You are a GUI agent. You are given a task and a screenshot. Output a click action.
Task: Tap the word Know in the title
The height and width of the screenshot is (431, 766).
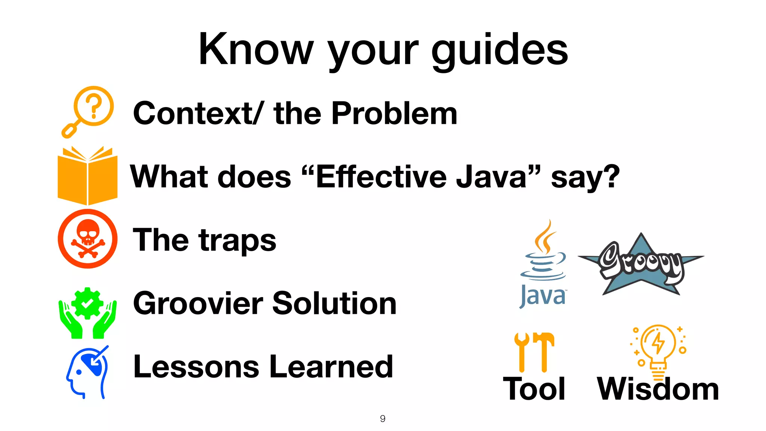click(x=256, y=49)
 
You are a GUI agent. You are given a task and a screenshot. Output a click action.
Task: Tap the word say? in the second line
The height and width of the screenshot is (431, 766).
click(x=585, y=177)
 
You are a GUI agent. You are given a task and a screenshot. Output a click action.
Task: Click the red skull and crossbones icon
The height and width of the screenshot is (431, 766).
click(x=88, y=239)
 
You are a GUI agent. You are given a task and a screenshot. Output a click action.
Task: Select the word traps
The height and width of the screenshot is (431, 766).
click(x=238, y=241)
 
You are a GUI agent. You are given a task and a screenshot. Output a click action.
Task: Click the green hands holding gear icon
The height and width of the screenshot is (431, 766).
click(x=88, y=313)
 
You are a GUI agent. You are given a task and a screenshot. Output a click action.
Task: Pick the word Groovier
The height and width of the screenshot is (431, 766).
click(x=198, y=303)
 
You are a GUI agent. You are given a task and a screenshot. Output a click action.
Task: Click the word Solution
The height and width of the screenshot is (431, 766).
click(x=334, y=303)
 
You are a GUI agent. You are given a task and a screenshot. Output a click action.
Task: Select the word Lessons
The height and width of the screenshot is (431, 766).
click(x=196, y=367)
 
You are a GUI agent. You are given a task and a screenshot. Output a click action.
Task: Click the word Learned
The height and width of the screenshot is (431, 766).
click(x=331, y=367)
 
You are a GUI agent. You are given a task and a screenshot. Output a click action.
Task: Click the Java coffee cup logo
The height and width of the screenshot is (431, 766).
click(x=543, y=264)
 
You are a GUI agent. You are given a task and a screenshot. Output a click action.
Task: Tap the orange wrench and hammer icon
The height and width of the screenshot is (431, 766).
click(x=534, y=352)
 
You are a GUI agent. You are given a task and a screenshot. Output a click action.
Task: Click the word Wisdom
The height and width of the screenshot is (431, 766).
click(x=658, y=389)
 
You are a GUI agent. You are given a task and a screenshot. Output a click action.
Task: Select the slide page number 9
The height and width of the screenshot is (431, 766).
click(x=383, y=419)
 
